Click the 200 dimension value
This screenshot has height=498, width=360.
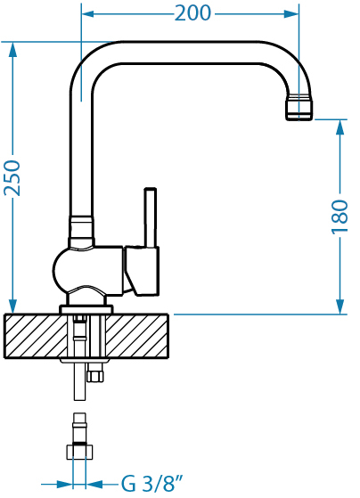pyautogui.click(x=192, y=13)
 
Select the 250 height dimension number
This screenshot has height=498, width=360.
pyautogui.click(x=12, y=178)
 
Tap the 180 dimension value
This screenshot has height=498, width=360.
pyautogui.click(x=340, y=216)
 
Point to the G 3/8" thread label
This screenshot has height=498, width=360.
pyautogui.click(x=152, y=484)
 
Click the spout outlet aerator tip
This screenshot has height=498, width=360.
pyautogui.click(x=299, y=107)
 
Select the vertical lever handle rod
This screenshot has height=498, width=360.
pyautogui.click(x=151, y=217)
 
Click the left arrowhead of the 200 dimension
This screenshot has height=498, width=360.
pyautogui.click(x=88, y=14)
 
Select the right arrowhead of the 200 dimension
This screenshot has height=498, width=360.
pyautogui.click(x=291, y=14)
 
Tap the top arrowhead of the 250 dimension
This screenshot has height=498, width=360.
pyautogui.click(x=12, y=49)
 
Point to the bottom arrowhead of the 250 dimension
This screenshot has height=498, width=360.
pyautogui.click(x=12, y=306)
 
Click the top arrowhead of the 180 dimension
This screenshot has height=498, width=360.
pyautogui.click(x=340, y=127)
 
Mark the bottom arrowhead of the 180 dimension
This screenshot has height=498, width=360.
pyautogui.click(x=340, y=306)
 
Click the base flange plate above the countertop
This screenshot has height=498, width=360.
pyautogui.click(x=86, y=309)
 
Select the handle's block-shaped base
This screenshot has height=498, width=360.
pyautogui.click(x=142, y=271)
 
